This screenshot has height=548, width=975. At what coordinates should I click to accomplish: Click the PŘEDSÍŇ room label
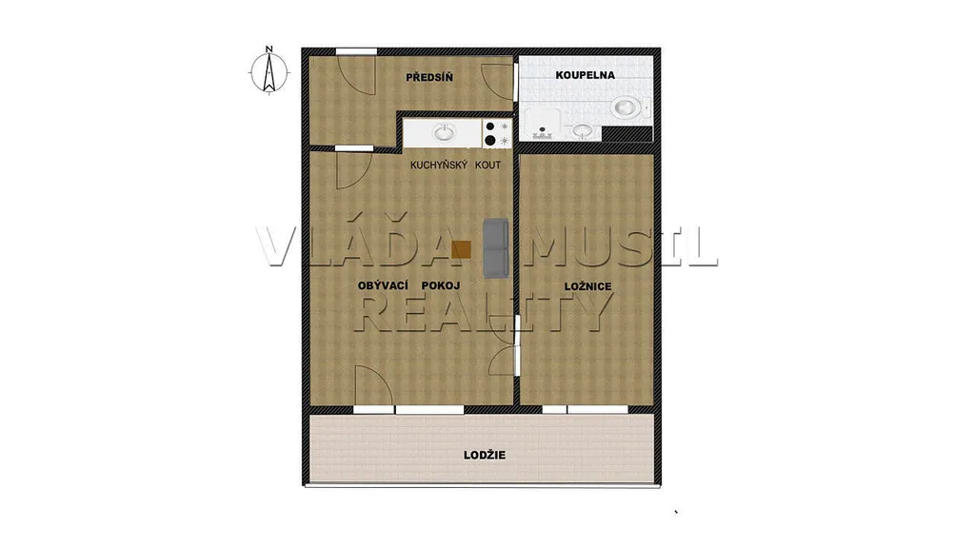[429, 78]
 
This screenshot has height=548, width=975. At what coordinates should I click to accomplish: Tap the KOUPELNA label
[586, 75]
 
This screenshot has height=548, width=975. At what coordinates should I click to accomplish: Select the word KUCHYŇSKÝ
[438, 166]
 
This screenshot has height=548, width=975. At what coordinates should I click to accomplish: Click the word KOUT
[487, 166]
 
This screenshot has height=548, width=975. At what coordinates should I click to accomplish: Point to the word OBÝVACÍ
[383, 285]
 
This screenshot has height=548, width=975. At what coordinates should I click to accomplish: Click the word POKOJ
[441, 285]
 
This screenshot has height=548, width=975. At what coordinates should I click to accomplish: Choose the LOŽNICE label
[587, 286]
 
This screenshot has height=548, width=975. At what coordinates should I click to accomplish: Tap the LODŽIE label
[485, 455]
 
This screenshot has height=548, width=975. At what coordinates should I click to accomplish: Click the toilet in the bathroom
[629, 108]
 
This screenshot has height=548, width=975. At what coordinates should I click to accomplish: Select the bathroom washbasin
[582, 130]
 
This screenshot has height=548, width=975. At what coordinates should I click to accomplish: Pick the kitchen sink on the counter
[444, 132]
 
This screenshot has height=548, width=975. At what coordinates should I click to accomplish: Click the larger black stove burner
[490, 141]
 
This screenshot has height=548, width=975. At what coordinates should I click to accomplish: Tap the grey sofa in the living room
[496, 248]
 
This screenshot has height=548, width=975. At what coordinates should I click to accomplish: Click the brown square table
[462, 249]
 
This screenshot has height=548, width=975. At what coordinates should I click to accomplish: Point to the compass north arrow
[269, 72]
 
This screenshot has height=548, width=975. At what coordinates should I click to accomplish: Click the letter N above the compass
[269, 49]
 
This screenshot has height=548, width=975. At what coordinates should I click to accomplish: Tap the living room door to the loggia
[373, 386]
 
